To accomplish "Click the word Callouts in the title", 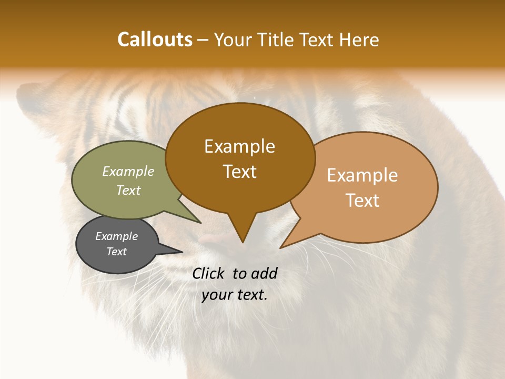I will tap(155, 39).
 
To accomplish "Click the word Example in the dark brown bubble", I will tap(239, 146).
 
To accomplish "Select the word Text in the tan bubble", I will tap(362, 201).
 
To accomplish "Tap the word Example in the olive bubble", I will tap(128, 171).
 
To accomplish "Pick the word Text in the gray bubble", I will tap(117, 252).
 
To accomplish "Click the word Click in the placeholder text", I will tap(209, 273).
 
